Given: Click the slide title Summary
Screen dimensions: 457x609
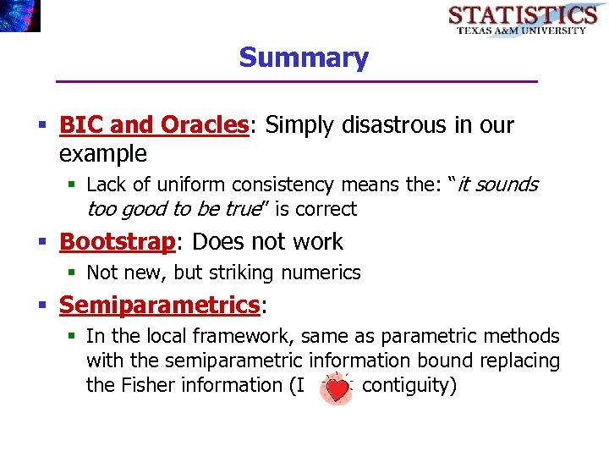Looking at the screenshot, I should [304, 58].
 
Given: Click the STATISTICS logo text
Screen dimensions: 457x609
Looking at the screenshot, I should [523, 14].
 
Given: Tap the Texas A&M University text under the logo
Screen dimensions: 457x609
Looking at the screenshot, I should [522, 30].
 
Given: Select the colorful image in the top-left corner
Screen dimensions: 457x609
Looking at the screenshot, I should [19, 15].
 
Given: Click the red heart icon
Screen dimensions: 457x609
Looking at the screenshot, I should [338, 388].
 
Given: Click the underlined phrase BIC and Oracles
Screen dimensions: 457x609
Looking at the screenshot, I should [153, 125].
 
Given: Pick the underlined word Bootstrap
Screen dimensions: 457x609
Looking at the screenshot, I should [117, 241].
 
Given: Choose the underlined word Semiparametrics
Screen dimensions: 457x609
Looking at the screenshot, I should [158, 305].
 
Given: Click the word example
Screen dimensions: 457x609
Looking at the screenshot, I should [103, 154].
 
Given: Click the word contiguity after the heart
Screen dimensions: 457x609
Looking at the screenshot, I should [409, 385].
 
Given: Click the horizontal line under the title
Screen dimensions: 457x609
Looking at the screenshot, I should [296, 81].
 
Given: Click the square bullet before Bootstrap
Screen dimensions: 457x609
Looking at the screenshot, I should [44, 243].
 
